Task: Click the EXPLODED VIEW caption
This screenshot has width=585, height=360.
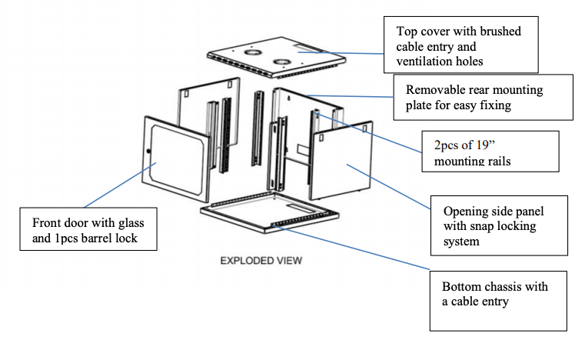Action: [x=261, y=260]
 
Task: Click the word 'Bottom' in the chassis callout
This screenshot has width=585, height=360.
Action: [x=463, y=286]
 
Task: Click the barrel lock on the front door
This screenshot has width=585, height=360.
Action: [x=149, y=151]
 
